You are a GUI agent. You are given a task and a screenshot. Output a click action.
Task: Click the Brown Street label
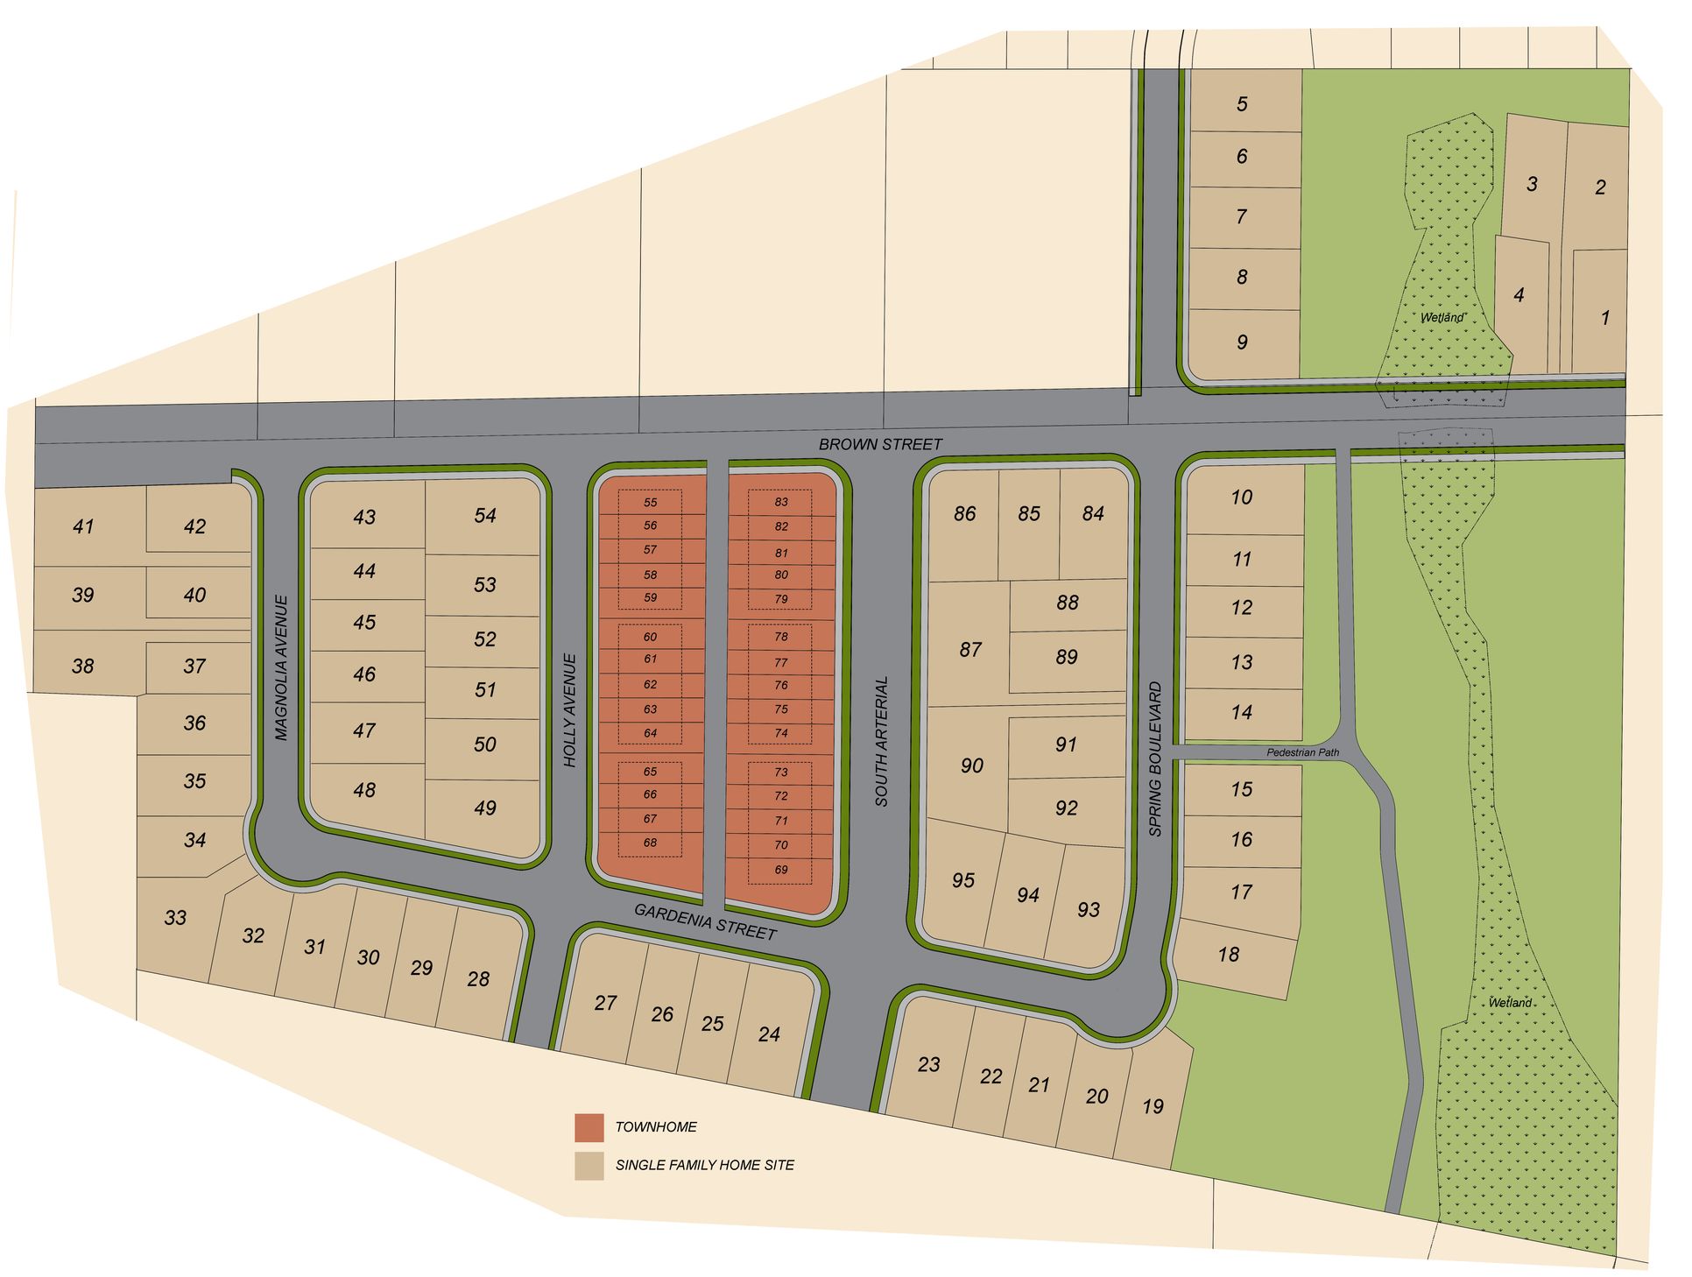click(879, 444)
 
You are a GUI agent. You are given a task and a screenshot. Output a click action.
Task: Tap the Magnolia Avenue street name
click(281, 667)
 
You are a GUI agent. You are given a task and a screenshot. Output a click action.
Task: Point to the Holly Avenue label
click(571, 710)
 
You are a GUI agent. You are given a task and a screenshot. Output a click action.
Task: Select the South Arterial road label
click(881, 741)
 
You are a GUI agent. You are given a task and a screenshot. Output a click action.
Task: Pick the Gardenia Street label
click(705, 921)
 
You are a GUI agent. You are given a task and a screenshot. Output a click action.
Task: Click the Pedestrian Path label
click(1302, 752)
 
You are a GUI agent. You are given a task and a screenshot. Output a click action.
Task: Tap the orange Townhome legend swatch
click(589, 1127)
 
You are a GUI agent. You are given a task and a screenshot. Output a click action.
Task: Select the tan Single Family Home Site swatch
click(589, 1166)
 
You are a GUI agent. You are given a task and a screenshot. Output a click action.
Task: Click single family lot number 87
click(969, 650)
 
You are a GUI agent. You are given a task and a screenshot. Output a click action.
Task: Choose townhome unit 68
click(650, 843)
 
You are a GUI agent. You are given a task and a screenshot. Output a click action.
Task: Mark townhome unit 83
click(780, 502)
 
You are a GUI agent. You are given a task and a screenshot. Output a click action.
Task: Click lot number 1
click(1604, 317)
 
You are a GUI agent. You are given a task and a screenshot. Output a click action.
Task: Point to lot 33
click(175, 917)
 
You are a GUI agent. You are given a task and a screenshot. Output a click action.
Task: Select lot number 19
click(1153, 1106)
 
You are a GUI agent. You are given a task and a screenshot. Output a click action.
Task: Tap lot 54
click(484, 516)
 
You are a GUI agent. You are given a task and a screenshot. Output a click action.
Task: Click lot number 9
click(1242, 342)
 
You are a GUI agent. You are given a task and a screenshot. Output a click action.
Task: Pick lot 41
click(83, 526)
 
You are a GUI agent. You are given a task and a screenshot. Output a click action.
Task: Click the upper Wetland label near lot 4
click(1442, 317)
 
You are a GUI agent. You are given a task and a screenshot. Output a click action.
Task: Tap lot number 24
click(769, 1034)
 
